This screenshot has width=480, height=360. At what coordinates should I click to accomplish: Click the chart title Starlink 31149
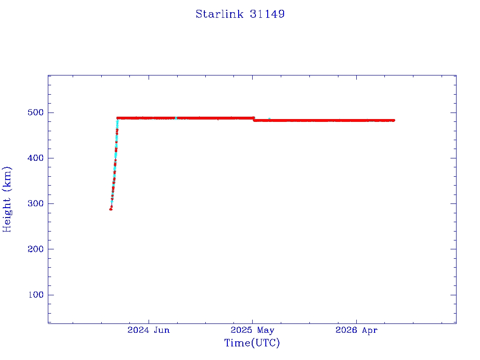click(240, 14)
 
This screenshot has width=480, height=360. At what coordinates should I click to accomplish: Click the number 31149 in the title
click(267, 14)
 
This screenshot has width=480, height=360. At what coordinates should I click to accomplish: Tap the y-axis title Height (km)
click(7, 199)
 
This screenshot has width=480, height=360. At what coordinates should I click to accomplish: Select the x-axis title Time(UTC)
click(252, 343)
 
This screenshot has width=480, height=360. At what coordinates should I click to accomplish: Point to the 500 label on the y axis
click(36, 112)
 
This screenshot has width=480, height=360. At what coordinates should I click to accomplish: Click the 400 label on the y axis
click(36, 158)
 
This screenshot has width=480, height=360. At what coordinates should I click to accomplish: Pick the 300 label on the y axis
click(36, 203)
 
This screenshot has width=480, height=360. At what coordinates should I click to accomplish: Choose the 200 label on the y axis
click(36, 249)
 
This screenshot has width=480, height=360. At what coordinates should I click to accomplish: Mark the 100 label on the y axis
click(36, 295)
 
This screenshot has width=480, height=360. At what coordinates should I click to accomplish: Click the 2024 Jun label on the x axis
click(149, 330)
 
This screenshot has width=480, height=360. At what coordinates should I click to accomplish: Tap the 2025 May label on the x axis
click(252, 330)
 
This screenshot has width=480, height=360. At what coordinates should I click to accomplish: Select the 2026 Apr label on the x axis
click(356, 330)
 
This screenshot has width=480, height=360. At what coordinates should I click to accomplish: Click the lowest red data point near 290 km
click(111, 210)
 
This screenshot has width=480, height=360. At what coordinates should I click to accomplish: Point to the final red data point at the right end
click(393, 120)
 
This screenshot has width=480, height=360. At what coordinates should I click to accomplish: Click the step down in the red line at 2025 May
click(254, 119)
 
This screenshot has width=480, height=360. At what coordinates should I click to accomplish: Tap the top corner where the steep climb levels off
click(118, 118)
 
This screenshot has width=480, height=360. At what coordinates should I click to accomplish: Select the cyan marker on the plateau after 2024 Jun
click(176, 118)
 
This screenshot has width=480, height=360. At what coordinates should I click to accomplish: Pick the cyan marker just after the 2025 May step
click(269, 119)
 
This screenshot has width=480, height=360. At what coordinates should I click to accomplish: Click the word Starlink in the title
click(219, 14)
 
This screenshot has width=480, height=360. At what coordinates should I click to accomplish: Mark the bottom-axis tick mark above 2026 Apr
click(356, 321)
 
